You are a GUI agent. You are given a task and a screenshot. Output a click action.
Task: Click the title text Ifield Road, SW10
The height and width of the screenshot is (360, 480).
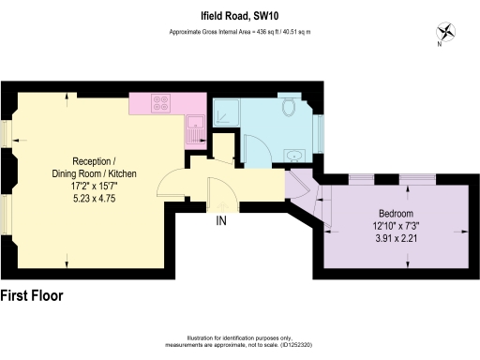(240, 16)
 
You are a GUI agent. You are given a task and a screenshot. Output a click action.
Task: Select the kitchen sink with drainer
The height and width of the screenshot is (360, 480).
(194, 129)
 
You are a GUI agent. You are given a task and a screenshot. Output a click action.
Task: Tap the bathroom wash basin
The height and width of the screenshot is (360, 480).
(293, 156)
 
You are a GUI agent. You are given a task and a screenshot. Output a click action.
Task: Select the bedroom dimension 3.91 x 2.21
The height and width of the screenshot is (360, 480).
(397, 239)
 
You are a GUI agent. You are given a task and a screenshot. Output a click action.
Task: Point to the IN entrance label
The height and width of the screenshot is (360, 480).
(221, 222)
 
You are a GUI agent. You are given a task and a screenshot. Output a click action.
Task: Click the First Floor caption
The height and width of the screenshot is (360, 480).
(32, 295)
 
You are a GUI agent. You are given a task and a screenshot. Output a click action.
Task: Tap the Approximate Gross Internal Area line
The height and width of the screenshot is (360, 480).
(240, 32)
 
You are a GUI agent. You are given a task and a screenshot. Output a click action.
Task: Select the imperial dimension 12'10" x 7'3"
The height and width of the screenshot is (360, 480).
(397, 226)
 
